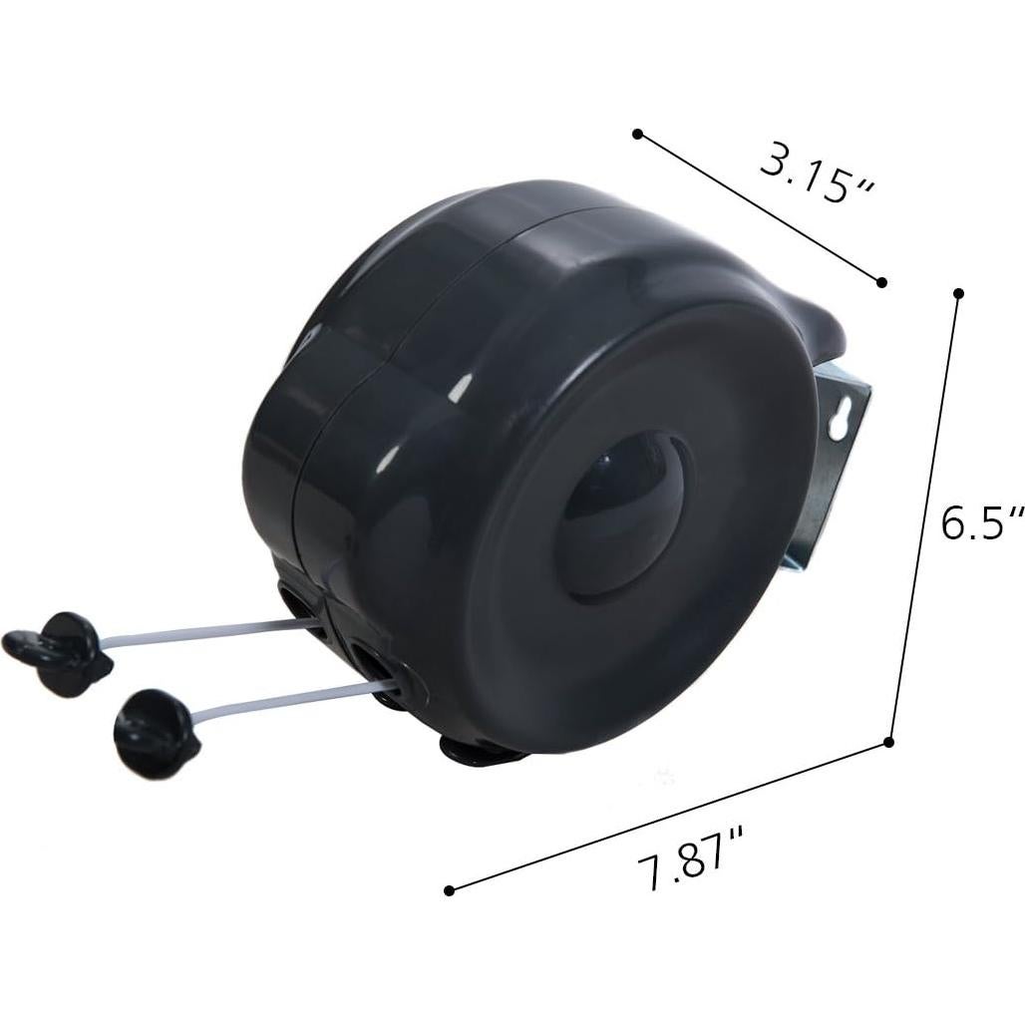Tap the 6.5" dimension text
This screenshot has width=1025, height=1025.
click(983, 522)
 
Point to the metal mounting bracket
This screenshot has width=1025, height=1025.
click(832, 469)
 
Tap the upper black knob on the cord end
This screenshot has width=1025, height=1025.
click(60, 650)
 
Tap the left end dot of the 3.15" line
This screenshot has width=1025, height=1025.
click(637, 133)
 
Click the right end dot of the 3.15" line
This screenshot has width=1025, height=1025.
click(881, 282)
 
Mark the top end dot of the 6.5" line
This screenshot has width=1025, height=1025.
click(958, 294)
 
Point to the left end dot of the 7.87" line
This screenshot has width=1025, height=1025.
click(449, 890)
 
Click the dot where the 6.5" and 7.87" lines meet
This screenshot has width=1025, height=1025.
click(888, 742)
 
